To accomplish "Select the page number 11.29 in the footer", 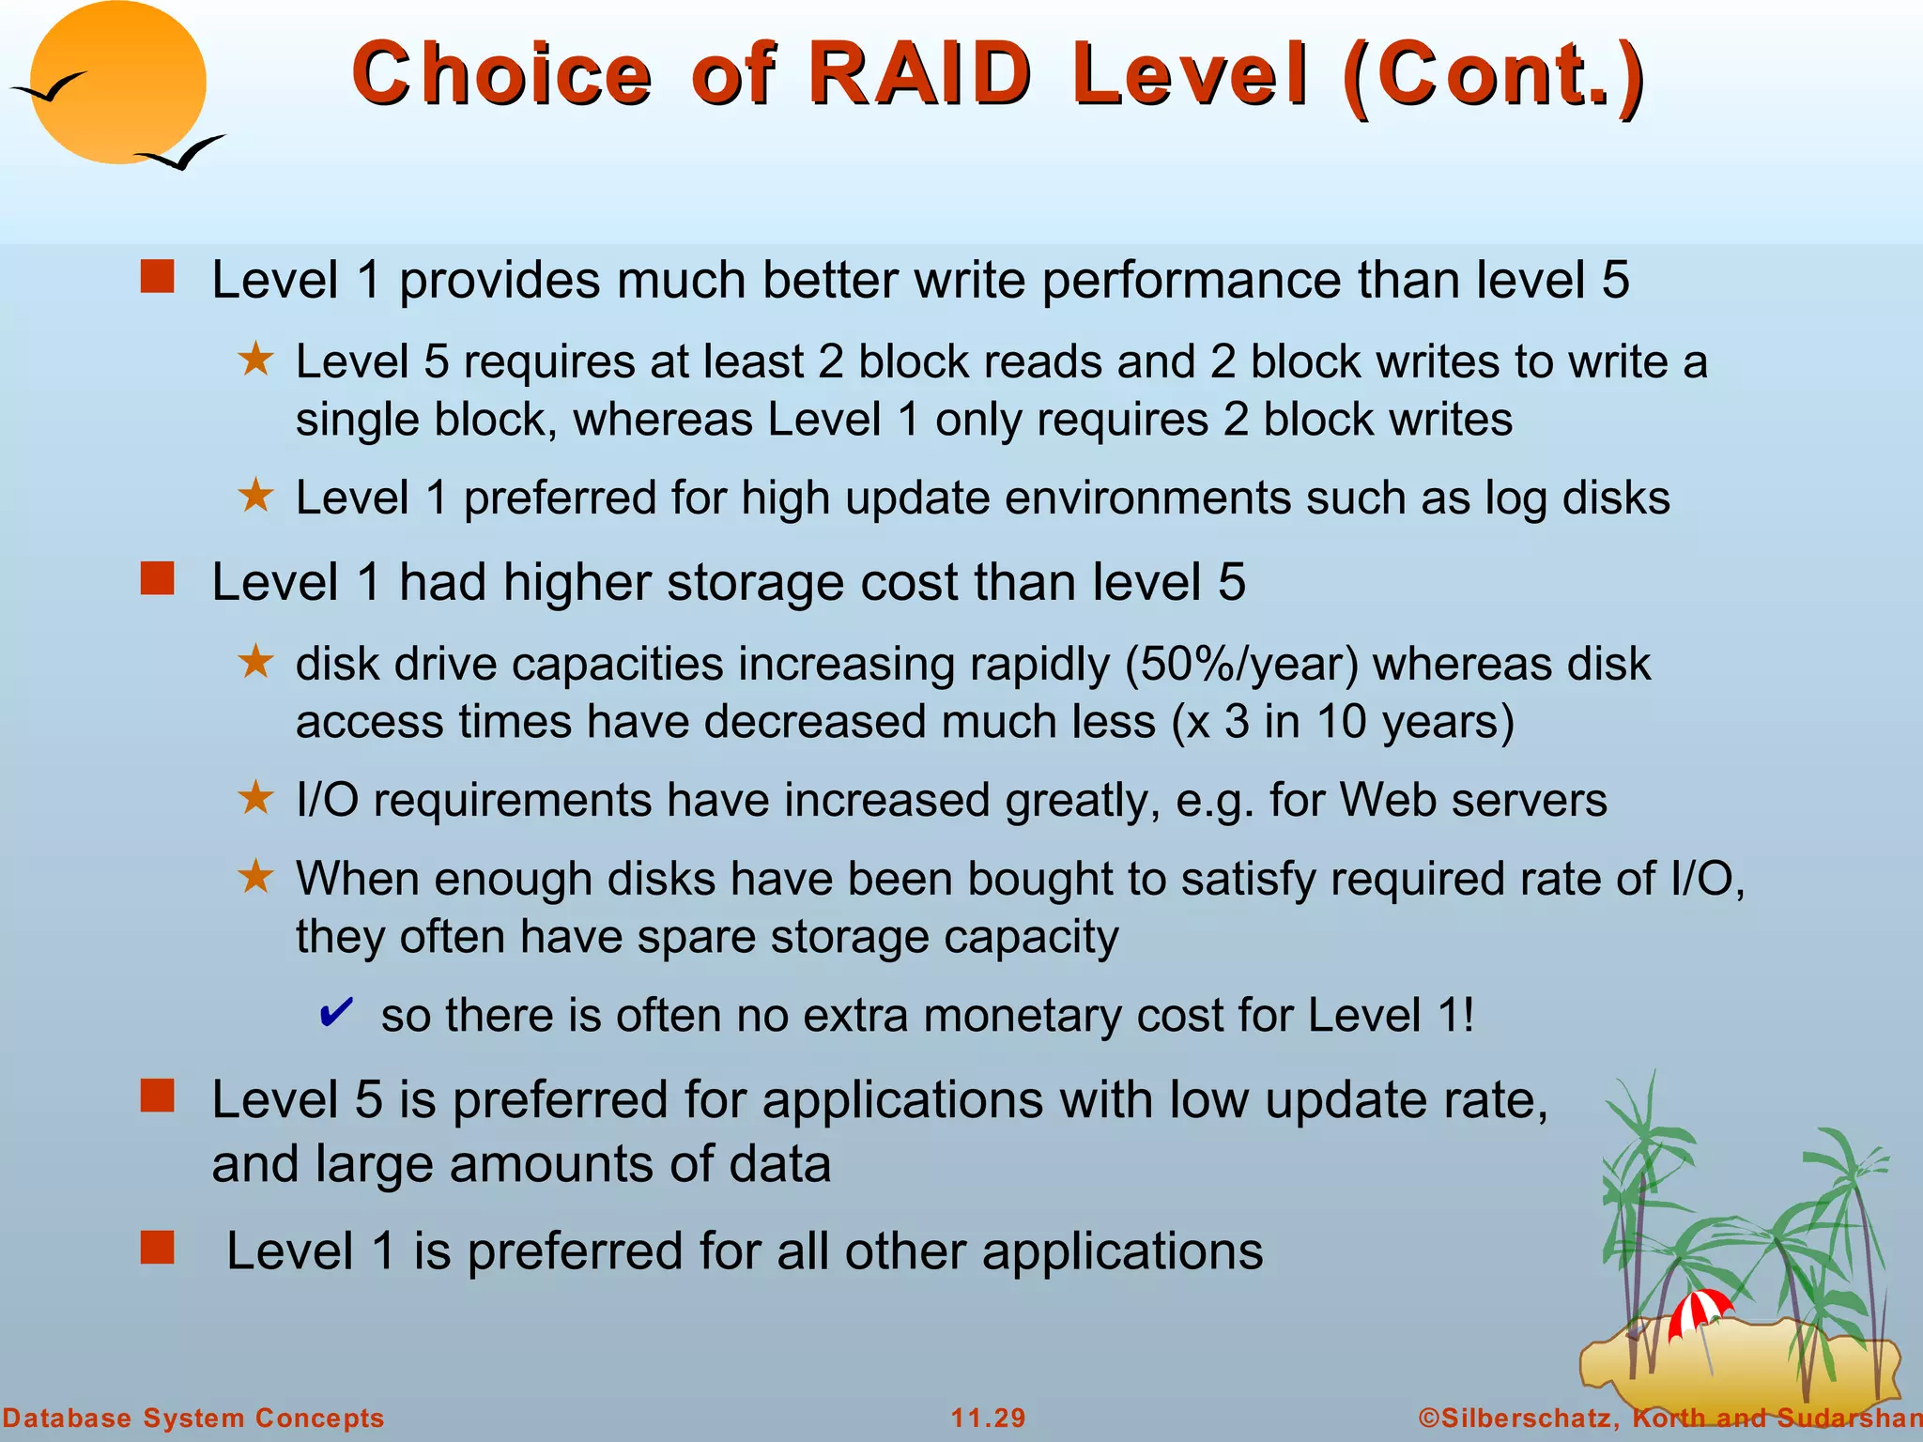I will tap(988, 1418).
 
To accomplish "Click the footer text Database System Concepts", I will tap(193, 1418).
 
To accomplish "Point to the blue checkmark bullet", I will tap(335, 1012).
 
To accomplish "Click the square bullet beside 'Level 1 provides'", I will tap(158, 277).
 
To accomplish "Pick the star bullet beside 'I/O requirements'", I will tap(255, 798).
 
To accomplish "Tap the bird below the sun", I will tap(180, 153).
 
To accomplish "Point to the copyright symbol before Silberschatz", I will tap(1428, 1418).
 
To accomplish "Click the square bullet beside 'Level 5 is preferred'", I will tap(158, 1096).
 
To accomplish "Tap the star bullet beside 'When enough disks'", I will tap(255, 877).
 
